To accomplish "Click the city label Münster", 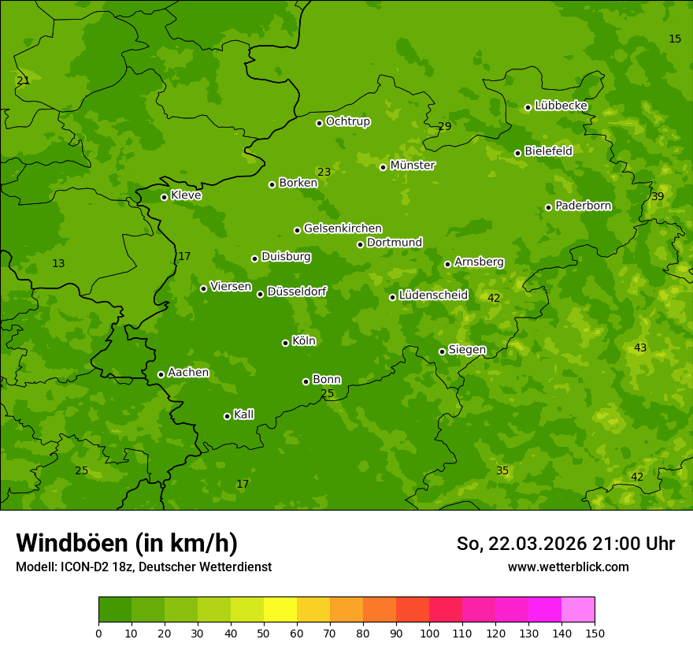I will click(x=412, y=165).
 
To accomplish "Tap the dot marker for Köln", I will click(x=285, y=343).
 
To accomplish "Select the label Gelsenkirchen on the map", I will click(x=343, y=229).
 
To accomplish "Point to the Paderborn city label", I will click(x=583, y=206).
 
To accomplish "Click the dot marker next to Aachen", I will click(x=161, y=374).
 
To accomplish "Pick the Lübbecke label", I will click(x=561, y=106).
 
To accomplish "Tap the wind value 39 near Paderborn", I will click(x=658, y=196).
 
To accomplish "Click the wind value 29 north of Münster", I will click(x=445, y=126).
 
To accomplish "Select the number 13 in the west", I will click(x=58, y=263).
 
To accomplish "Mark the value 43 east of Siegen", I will click(x=640, y=347).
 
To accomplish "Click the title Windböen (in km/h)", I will click(x=127, y=543).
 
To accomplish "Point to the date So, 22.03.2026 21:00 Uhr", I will click(x=565, y=544).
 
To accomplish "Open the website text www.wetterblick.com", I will click(x=568, y=567).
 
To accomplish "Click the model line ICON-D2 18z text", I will click(x=143, y=567).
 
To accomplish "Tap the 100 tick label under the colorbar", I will click(x=429, y=633).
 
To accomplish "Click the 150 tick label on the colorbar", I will click(x=595, y=633).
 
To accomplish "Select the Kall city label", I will click(x=243, y=414).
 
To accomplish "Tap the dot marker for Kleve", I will click(x=164, y=197).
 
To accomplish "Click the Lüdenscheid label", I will click(x=433, y=295).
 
